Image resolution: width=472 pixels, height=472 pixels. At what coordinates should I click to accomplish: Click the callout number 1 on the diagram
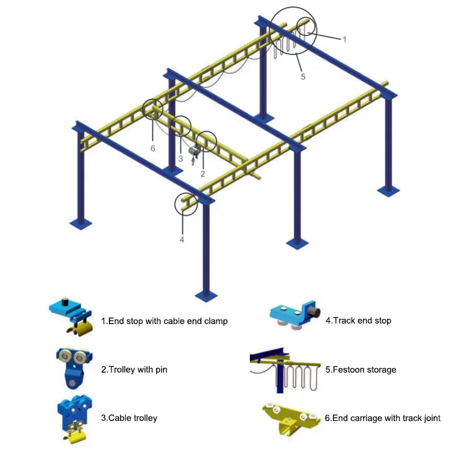click(344, 39)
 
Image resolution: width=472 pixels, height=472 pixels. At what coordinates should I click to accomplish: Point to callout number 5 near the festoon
click(303, 77)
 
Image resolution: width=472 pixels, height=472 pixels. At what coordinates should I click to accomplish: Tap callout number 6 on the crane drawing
click(152, 148)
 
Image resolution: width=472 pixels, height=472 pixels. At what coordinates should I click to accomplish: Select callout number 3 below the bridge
click(180, 159)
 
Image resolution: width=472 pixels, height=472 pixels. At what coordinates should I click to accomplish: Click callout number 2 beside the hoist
click(203, 172)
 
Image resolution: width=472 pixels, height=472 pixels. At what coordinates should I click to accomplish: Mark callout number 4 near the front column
click(182, 239)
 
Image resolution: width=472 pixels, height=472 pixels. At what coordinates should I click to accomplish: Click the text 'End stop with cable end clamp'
click(164, 321)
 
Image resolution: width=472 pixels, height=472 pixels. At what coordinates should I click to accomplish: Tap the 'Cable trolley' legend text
click(129, 417)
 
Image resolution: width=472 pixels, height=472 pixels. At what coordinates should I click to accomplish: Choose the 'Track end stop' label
click(358, 321)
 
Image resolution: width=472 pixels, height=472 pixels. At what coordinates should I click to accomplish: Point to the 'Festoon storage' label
click(361, 369)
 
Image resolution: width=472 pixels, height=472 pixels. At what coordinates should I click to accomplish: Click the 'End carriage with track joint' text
click(383, 418)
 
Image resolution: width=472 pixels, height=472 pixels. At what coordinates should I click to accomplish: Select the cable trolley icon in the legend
click(74, 415)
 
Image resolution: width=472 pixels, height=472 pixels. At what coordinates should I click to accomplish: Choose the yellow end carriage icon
click(289, 417)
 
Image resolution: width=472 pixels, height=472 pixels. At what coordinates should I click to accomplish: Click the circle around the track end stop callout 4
click(186, 203)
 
